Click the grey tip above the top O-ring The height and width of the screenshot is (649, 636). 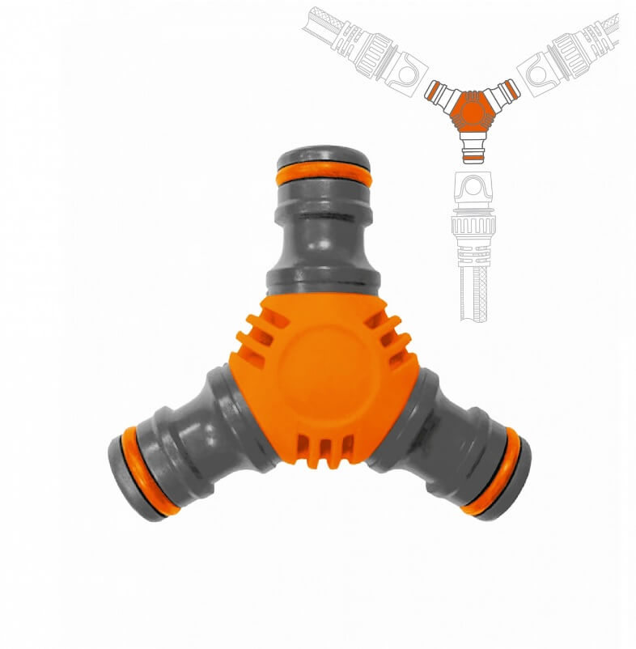coord(324,157)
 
